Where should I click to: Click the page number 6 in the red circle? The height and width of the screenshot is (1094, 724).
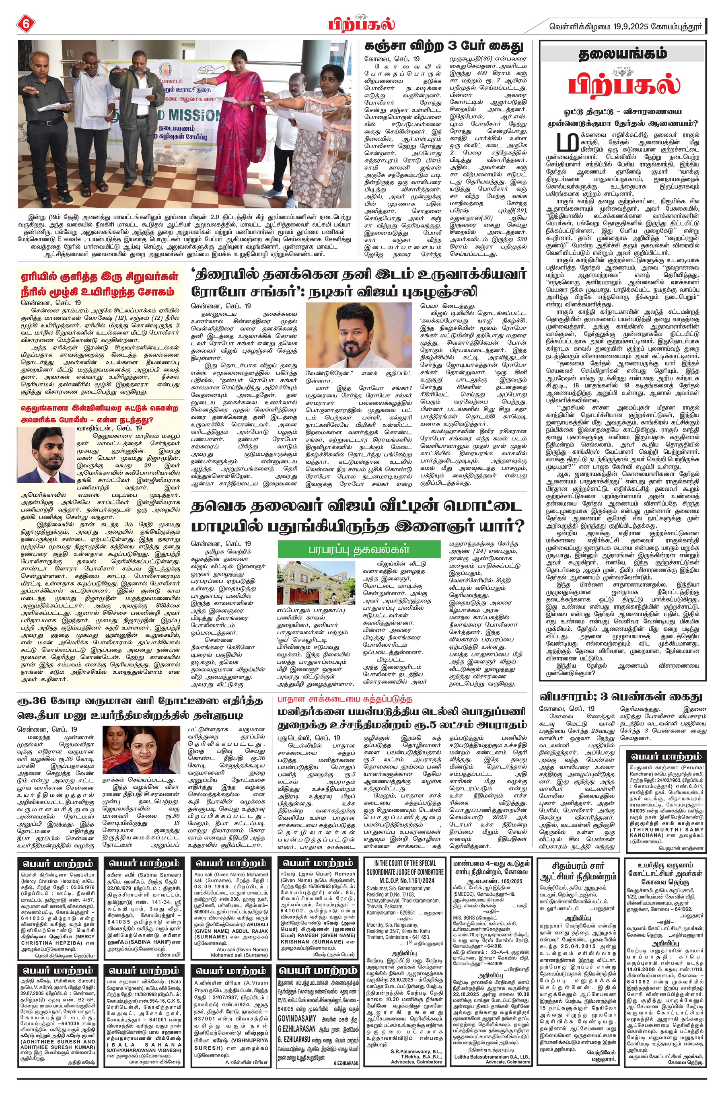coord(25,25)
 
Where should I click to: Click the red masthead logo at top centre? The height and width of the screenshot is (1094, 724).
coord(362,25)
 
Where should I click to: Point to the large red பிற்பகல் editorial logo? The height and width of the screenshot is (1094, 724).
coord(623,84)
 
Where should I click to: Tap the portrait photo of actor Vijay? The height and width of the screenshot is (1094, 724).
coord(359,335)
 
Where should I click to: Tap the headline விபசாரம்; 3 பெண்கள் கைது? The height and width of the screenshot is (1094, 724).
coord(620,697)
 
